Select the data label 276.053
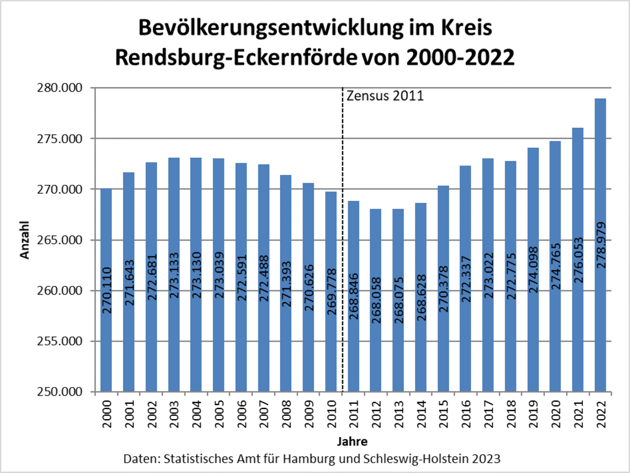tap(579, 260)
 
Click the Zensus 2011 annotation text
tap(385, 96)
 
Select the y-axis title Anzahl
tap(25, 240)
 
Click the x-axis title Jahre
tap(353, 441)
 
